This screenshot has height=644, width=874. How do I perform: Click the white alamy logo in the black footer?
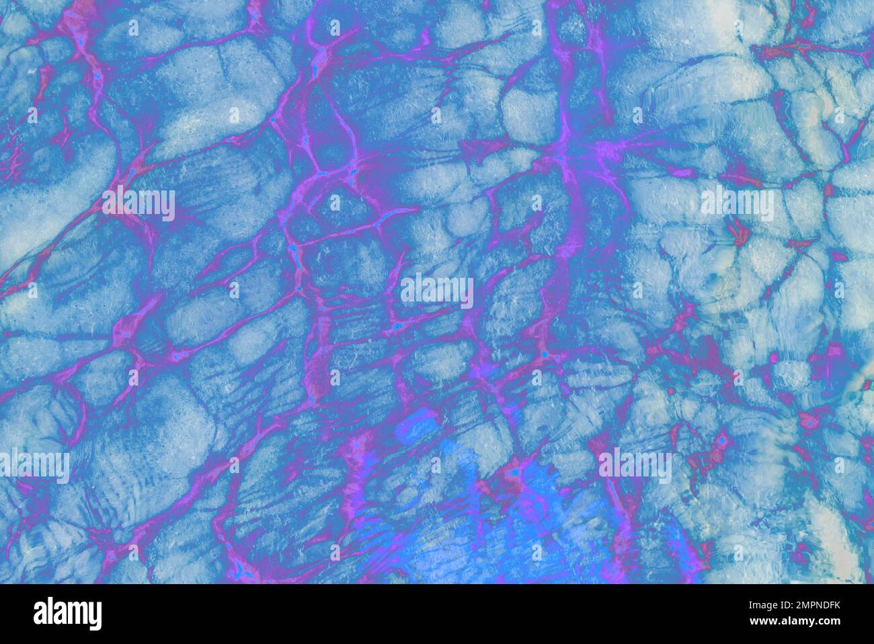[67, 613]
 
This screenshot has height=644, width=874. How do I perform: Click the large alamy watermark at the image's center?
[437, 291]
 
